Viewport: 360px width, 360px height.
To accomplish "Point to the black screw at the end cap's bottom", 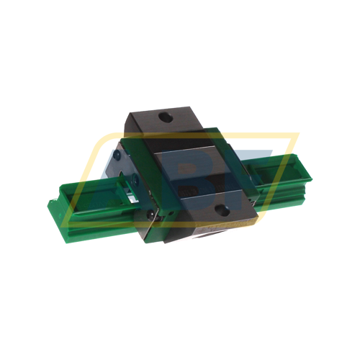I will (x=149, y=215).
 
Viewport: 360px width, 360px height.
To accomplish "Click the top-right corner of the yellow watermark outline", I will (x=297, y=134).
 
